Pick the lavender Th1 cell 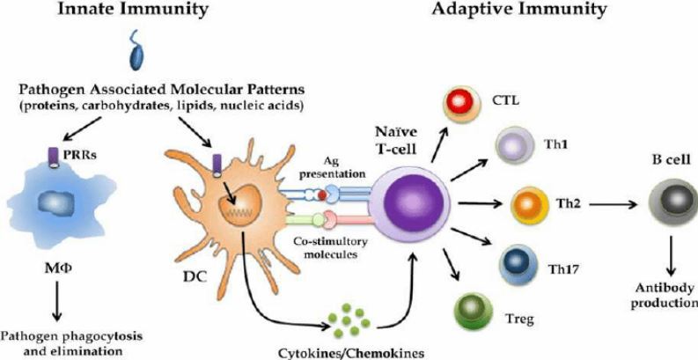coord(513,143)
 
